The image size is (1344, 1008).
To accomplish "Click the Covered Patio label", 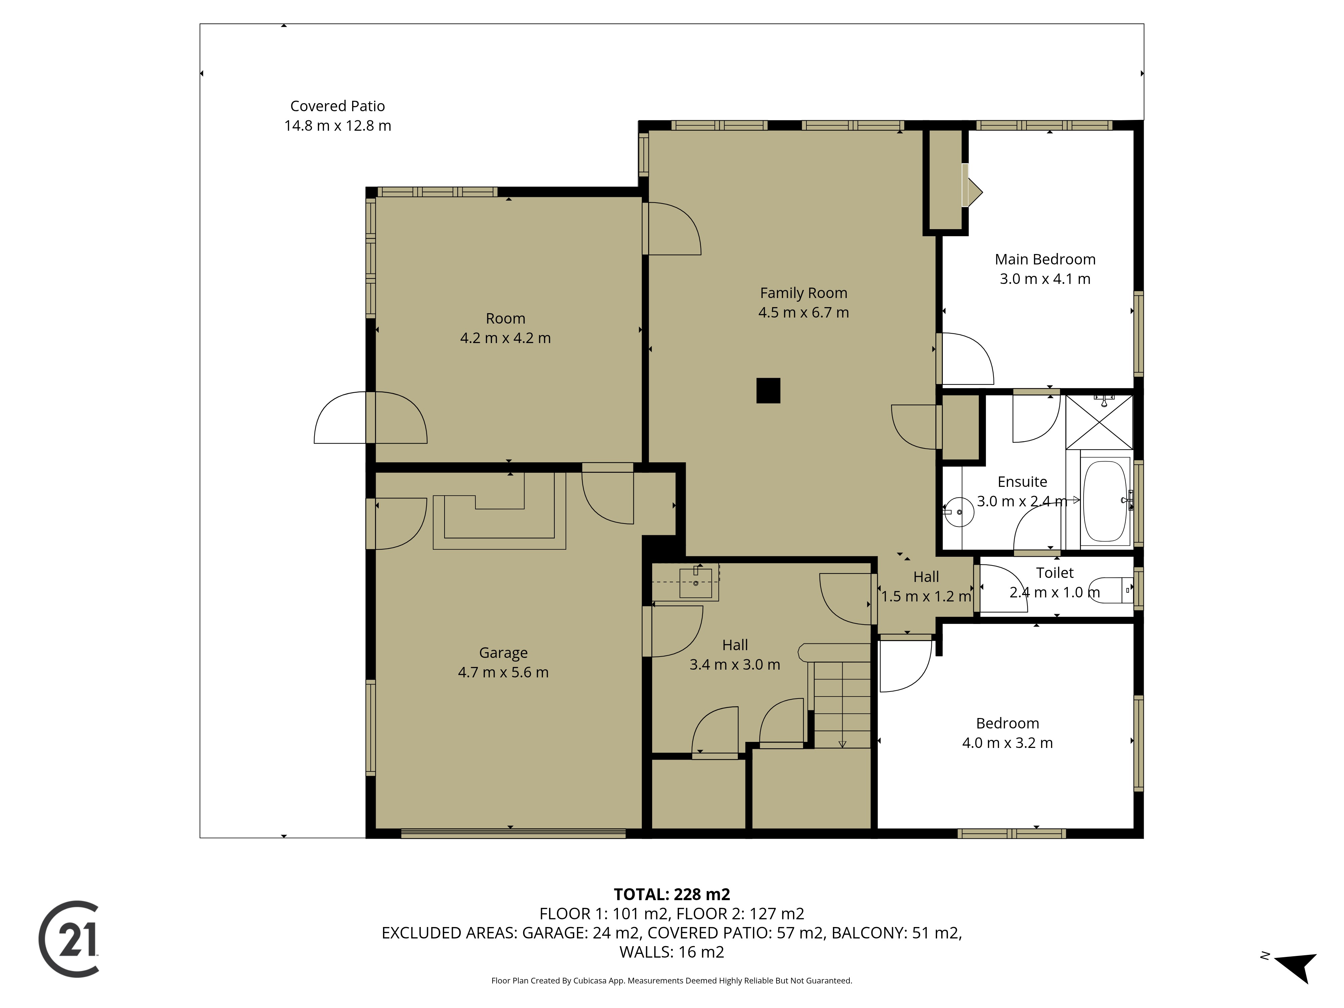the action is [x=338, y=106].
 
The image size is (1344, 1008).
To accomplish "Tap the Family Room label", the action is [x=803, y=293].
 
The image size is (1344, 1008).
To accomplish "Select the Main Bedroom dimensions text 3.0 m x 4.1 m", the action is [x=1045, y=279].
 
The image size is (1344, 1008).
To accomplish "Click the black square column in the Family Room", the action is [x=768, y=391].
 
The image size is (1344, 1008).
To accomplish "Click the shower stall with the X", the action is [x=1099, y=422].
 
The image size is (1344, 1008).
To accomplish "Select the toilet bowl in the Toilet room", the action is [x=1112, y=590].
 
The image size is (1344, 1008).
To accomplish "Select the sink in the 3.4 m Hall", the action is [x=696, y=582].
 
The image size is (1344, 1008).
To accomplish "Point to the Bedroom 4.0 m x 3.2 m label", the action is [x=1007, y=733].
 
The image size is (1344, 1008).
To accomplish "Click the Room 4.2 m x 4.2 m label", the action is [x=506, y=328].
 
